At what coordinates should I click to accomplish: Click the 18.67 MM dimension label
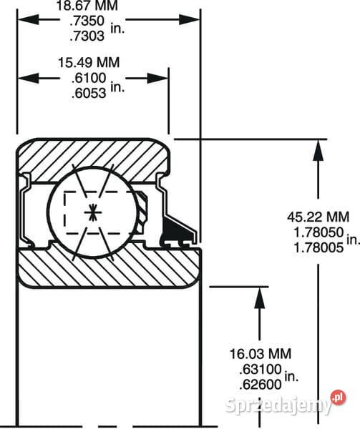pyautogui.click(x=87, y=6)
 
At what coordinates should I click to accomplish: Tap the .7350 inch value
pyautogui.click(x=87, y=21)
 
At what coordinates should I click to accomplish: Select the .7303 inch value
pyautogui.click(x=87, y=36)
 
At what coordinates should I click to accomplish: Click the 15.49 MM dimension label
pyautogui.click(x=89, y=63)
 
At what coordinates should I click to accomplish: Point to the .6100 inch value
pyautogui.click(x=89, y=78)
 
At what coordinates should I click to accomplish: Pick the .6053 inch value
pyautogui.click(x=89, y=93)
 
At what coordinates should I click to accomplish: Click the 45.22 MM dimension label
pyautogui.click(x=318, y=217)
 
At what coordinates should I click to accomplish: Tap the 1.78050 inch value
pyautogui.click(x=318, y=232)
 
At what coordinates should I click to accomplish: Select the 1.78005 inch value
pyautogui.click(x=318, y=248)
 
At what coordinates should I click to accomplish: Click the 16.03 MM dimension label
pyautogui.click(x=261, y=354)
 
